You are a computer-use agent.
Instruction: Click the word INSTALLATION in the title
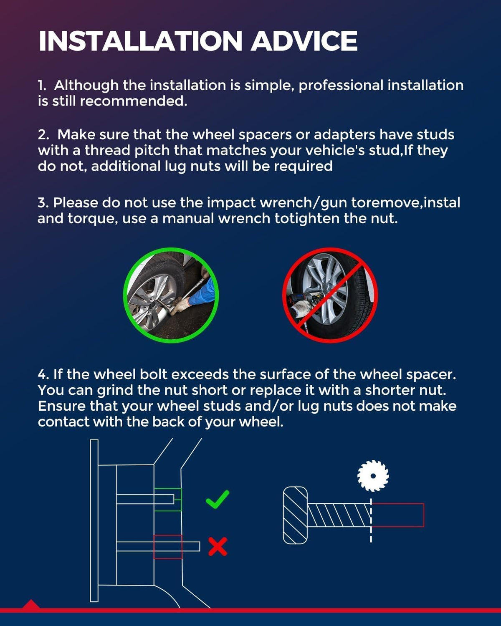pyautogui.click(x=140, y=41)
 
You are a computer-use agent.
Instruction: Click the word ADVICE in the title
pyautogui.click(x=304, y=41)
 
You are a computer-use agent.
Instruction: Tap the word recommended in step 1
pyautogui.click(x=133, y=101)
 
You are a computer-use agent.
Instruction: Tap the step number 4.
pyautogui.click(x=43, y=374)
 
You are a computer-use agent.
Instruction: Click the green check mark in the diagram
pyautogui.click(x=218, y=499)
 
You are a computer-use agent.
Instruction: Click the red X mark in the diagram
pyautogui.click(x=218, y=547)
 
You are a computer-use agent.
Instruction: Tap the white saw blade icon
pyautogui.click(x=373, y=476)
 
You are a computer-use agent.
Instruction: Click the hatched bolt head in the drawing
pyautogui.click(x=295, y=515)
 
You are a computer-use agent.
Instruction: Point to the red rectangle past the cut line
pyautogui.click(x=398, y=515)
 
